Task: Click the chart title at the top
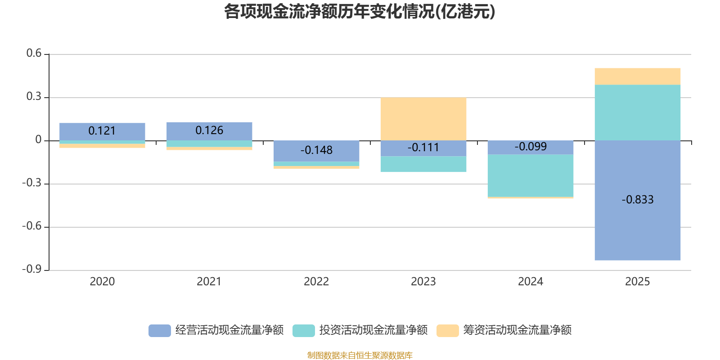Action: coord(360,12)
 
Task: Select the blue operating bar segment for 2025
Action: coord(637,200)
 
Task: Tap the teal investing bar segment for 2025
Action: coord(637,112)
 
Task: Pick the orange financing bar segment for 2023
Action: coord(423,119)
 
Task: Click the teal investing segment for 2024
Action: coord(531,175)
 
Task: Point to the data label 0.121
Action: coord(102,131)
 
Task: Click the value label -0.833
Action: coord(637,200)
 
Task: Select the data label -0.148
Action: coord(316,150)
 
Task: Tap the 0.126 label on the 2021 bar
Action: coord(209,130)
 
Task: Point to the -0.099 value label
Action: coord(531,147)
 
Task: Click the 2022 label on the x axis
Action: coord(316,282)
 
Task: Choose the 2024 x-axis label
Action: coord(531,282)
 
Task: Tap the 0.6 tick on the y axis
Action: coord(34,53)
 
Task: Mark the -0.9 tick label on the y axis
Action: coord(32,269)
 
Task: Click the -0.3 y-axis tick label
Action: coord(32,183)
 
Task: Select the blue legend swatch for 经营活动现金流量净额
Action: coord(159,330)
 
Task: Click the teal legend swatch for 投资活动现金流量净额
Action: coord(303,330)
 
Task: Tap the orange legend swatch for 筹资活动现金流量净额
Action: coord(447,330)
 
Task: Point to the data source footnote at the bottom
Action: coord(360,355)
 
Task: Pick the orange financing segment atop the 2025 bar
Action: coord(637,76)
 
